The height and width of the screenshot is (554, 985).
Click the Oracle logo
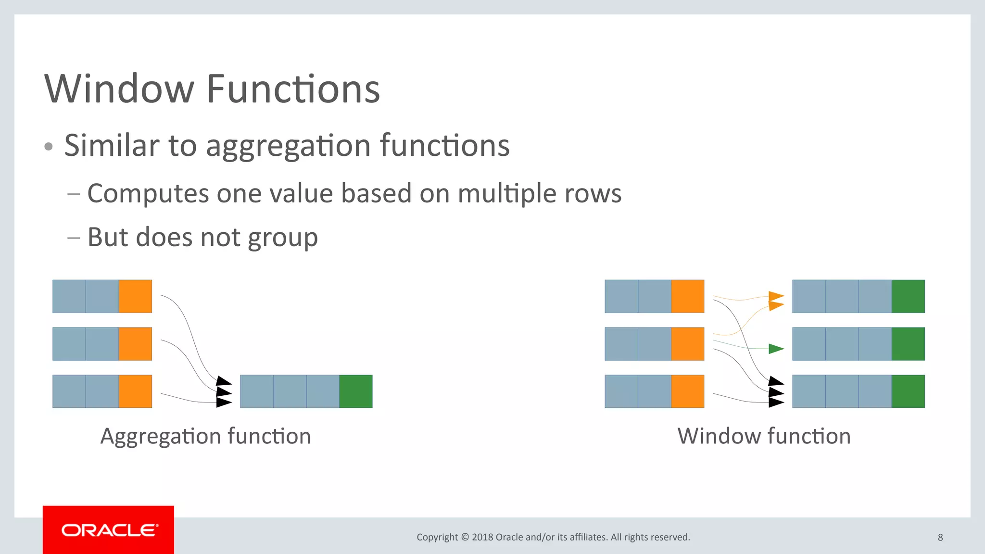(109, 530)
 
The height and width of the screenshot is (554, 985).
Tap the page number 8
(940, 537)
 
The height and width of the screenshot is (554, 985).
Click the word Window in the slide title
(119, 89)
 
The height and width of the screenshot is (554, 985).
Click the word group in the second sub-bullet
(282, 238)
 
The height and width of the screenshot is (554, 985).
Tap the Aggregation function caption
(205, 436)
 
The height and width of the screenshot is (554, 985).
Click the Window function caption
(764, 436)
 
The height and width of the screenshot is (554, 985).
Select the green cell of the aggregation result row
(355, 391)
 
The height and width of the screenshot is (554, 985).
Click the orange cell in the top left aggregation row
(135, 296)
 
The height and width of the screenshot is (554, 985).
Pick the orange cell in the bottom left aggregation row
(135, 391)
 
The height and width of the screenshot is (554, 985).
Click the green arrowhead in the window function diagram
(776, 349)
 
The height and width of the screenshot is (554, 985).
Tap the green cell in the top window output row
(908, 296)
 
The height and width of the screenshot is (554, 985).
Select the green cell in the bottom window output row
(908, 391)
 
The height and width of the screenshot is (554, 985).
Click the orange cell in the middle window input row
(687, 344)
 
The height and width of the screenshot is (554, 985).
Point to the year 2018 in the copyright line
(482, 537)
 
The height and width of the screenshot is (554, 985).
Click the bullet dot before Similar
(48, 147)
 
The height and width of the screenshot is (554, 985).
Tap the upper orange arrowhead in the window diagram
(776, 296)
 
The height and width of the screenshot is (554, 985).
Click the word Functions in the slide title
(293, 89)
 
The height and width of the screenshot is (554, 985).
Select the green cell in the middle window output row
(908, 344)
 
